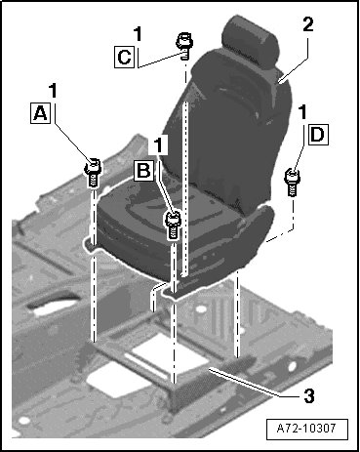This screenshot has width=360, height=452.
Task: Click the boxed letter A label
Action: (x=41, y=113)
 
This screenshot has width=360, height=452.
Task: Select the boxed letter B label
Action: (x=143, y=170)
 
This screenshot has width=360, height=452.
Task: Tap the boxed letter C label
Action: (x=124, y=57)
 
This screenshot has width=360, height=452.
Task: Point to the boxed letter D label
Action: (x=317, y=134)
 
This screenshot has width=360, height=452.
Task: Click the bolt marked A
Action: (x=93, y=172)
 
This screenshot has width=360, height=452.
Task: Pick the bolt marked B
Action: (x=174, y=225)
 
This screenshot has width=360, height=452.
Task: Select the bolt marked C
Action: (x=184, y=46)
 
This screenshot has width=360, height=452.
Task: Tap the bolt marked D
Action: (x=293, y=182)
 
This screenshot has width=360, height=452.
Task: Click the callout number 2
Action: (x=308, y=24)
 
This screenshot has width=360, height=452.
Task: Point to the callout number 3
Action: (x=309, y=396)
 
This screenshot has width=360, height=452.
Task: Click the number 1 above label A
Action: (x=53, y=91)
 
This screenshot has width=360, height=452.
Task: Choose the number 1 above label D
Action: (x=302, y=112)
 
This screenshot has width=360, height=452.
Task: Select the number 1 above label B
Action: (x=159, y=144)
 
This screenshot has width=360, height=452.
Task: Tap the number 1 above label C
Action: (x=138, y=34)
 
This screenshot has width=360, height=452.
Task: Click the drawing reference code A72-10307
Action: (x=307, y=428)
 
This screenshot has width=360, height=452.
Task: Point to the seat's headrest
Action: (x=253, y=43)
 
